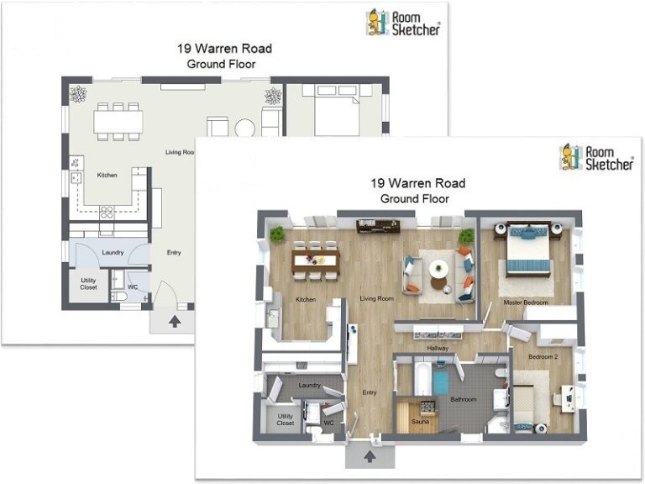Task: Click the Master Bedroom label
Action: pyautogui.click(x=525, y=302)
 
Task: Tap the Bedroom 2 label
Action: pyautogui.click(x=543, y=356)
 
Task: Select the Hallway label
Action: pyautogui.click(x=438, y=348)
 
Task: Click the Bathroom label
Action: pyautogui.click(x=464, y=399)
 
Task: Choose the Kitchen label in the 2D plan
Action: pyautogui.click(x=107, y=175)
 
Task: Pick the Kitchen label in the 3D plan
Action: pyautogui.click(x=304, y=299)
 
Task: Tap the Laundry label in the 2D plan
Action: pyautogui.click(x=113, y=252)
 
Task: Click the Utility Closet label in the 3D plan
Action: pyautogui.click(x=286, y=419)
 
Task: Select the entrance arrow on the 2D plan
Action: pyautogui.click(x=175, y=320)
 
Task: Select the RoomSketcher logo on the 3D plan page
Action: pyautogui.click(x=596, y=156)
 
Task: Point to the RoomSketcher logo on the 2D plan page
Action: pyautogui.click(x=403, y=22)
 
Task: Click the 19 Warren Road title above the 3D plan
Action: pyautogui.click(x=417, y=183)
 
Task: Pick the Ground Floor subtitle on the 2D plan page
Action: pyautogui.click(x=221, y=63)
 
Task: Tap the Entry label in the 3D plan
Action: pyautogui.click(x=369, y=392)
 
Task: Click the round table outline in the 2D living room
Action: pyautogui.click(x=244, y=128)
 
